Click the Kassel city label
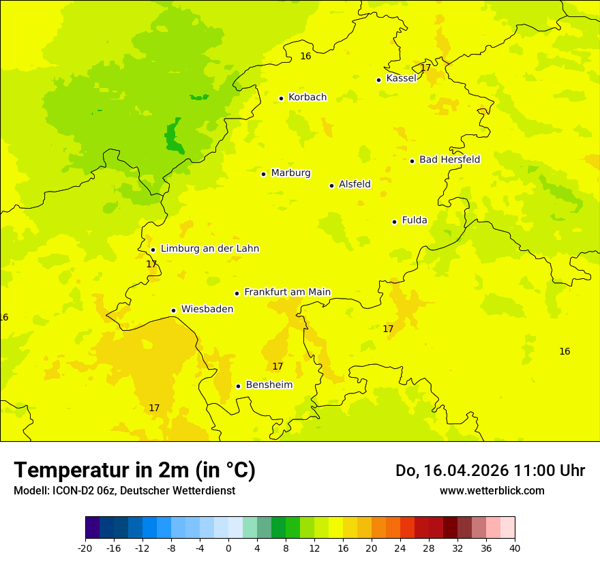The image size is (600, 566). pyautogui.click(x=401, y=78)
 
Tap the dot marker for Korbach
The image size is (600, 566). pyautogui.click(x=281, y=98)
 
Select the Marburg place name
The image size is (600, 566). pyautogui.click(x=290, y=173)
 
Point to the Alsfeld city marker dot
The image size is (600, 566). pyautogui.click(x=332, y=185)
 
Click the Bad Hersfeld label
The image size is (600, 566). pyautogui.click(x=449, y=160)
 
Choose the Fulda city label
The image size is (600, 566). pyautogui.click(x=415, y=220)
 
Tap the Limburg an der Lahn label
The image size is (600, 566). pyautogui.click(x=209, y=249)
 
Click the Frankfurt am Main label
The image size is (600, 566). pyautogui.click(x=287, y=292)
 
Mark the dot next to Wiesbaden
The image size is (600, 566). pyautogui.click(x=174, y=310)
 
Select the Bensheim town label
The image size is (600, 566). pyautogui.click(x=269, y=385)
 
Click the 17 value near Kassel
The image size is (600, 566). pyautogui.click(x=425, y=68)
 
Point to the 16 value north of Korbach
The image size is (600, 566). pyautogui.click(x=305, y=56)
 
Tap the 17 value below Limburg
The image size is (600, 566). pyautogui.click(x=151, y=264)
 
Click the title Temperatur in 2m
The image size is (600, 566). pyautogui.click(x=134, y=471)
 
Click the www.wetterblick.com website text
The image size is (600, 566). pyautogui.click(x=492, y=490)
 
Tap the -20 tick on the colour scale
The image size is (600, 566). pyautogui.click(x=85, y=548)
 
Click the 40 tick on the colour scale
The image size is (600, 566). pyautogui.click(x=515, y=548)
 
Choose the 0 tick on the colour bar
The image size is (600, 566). pyautogui.click(x=228, y=548)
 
